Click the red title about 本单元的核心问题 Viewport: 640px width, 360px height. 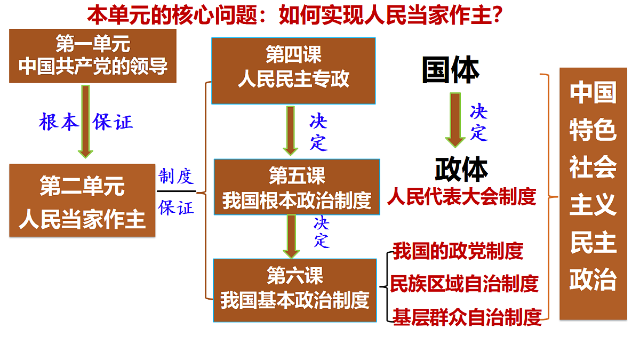[x=294, y=15]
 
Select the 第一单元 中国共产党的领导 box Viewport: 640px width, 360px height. [x=93, y=55]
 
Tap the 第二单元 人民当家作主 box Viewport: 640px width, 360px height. [x=82, y=201]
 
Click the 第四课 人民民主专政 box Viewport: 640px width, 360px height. [x=293, y=71]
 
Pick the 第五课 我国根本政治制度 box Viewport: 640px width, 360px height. [x=297, y=187]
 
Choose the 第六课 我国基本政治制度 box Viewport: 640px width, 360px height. [x=295, y=290]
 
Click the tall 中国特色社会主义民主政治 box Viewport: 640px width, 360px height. [x=593, y=194]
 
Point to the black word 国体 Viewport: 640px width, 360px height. [x=451, y=70]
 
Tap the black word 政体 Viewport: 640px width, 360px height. [x=461, y=169]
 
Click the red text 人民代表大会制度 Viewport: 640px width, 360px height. [x=461, y=197]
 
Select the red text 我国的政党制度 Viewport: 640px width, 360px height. [x=458, y=251]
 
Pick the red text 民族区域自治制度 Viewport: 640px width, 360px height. [x=465, y=284]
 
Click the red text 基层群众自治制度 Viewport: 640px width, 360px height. [x=467, y=317]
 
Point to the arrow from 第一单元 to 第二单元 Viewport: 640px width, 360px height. [x=85, y=122]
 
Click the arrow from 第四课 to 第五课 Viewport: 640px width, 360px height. [x=291, y=131]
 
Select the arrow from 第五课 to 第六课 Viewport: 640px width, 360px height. [x=291, y=237]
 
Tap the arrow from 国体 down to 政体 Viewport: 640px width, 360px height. [x=455, y=120]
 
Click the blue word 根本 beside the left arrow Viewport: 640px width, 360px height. [x=59, y=122]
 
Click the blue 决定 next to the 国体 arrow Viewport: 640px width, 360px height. [x=479, y=122]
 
